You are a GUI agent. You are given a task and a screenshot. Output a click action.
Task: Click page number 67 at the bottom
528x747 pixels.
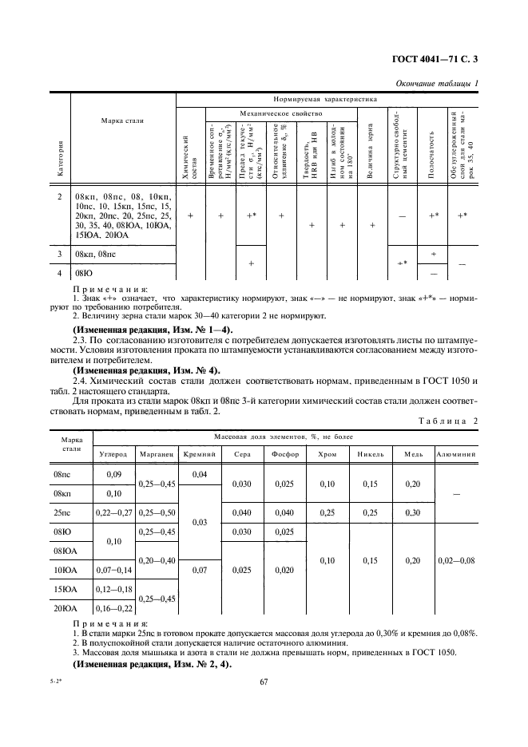(263, 682)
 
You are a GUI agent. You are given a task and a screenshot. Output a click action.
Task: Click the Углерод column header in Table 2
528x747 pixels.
(113, 453)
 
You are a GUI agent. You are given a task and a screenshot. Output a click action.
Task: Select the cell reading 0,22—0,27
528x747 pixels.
(113, 512)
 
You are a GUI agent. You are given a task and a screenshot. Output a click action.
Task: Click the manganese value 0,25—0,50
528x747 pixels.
(157, 512)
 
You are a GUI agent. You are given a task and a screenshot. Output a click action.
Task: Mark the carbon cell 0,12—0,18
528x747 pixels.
(113, 591)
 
